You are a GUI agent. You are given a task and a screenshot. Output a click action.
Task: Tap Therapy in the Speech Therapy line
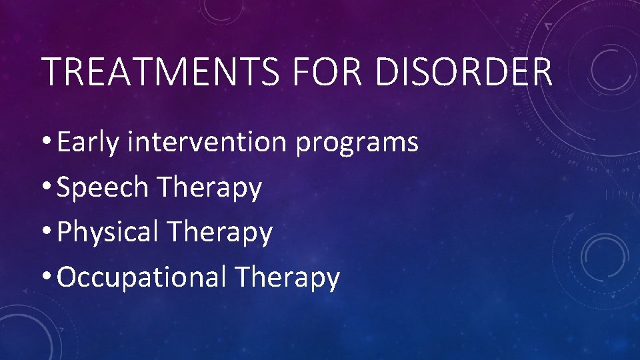209,187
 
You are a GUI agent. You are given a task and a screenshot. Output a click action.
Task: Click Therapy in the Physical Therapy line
220,232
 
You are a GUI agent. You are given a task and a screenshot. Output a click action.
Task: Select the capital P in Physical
65,232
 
